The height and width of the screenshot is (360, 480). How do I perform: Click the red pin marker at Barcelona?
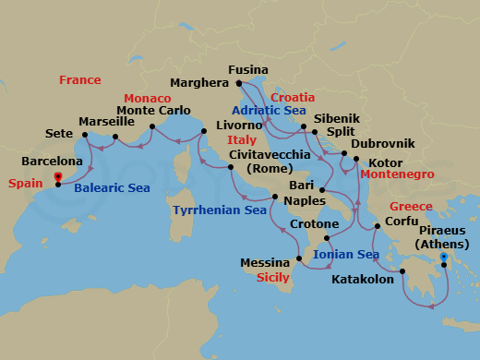58,178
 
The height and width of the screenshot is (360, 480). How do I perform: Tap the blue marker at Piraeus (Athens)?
443,258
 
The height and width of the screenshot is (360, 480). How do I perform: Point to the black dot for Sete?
84,136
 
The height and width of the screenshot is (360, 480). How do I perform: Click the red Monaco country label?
147,98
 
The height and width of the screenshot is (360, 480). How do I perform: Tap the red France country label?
79,80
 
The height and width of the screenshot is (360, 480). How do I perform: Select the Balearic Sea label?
112,188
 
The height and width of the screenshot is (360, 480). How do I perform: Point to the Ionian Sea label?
346,255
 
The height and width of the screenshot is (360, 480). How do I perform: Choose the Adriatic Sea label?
269,111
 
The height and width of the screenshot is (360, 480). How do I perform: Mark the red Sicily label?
272,277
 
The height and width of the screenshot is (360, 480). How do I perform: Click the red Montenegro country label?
397,174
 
